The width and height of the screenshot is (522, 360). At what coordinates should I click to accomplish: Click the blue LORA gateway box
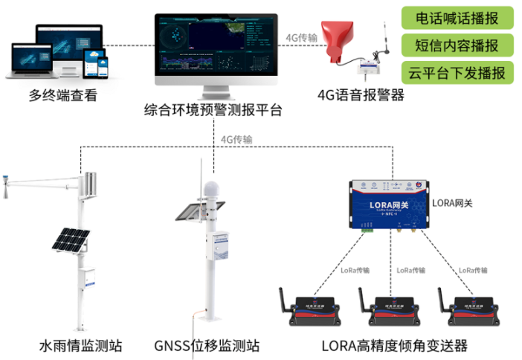click(387, 205)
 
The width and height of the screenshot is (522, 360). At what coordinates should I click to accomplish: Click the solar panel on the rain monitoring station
click(70, 240)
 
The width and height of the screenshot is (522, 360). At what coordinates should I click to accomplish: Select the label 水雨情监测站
click(80, 345)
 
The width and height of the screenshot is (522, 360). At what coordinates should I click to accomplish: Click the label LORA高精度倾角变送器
click(394, 345)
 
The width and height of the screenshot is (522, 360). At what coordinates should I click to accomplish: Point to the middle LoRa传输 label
click(413, 270)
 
